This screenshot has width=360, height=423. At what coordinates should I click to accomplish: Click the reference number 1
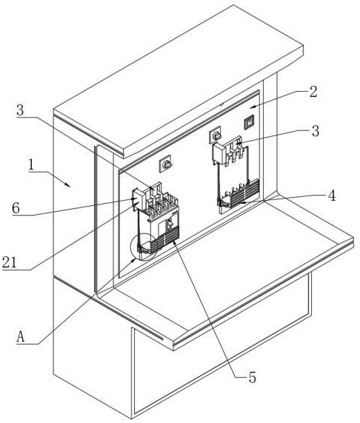(31, 164)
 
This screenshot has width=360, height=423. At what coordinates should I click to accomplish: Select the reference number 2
(313, 92)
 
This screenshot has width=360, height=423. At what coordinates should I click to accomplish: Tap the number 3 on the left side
(20, 110)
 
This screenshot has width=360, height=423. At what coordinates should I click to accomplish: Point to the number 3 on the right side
(316, 131)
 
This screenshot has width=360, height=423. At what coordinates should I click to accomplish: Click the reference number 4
(332, 196)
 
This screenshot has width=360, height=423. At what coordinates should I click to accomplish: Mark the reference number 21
(10, 262)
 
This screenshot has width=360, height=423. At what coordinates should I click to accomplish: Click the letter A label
(21, 337)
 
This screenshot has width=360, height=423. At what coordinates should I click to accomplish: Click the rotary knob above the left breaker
(165, 164)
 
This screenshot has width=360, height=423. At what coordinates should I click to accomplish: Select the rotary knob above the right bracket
(216, 135)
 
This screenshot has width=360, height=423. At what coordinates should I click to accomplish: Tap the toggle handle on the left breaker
(170, 224)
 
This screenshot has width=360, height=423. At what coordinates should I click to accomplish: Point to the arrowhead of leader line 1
(68, 184)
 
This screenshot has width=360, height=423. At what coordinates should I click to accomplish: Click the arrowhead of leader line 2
(252, 107)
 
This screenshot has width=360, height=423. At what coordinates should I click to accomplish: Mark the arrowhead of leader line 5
(173, 242)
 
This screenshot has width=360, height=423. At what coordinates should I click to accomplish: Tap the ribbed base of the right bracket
(239, 193)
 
